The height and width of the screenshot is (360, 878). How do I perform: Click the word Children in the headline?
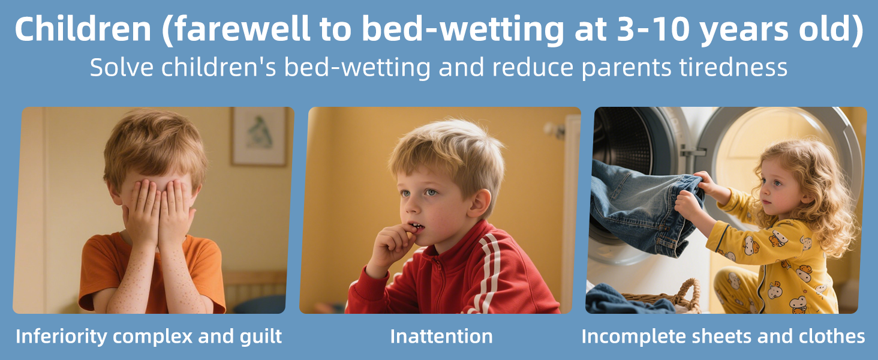(83, 29)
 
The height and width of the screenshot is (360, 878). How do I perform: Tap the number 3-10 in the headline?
(653, 29)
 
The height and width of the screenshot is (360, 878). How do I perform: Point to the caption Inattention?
(441, 336)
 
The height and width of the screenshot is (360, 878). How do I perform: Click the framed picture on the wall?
(258, 136)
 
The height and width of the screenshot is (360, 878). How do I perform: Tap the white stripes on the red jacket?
(488, 271)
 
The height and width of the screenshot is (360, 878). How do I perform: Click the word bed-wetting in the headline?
(462, 29)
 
